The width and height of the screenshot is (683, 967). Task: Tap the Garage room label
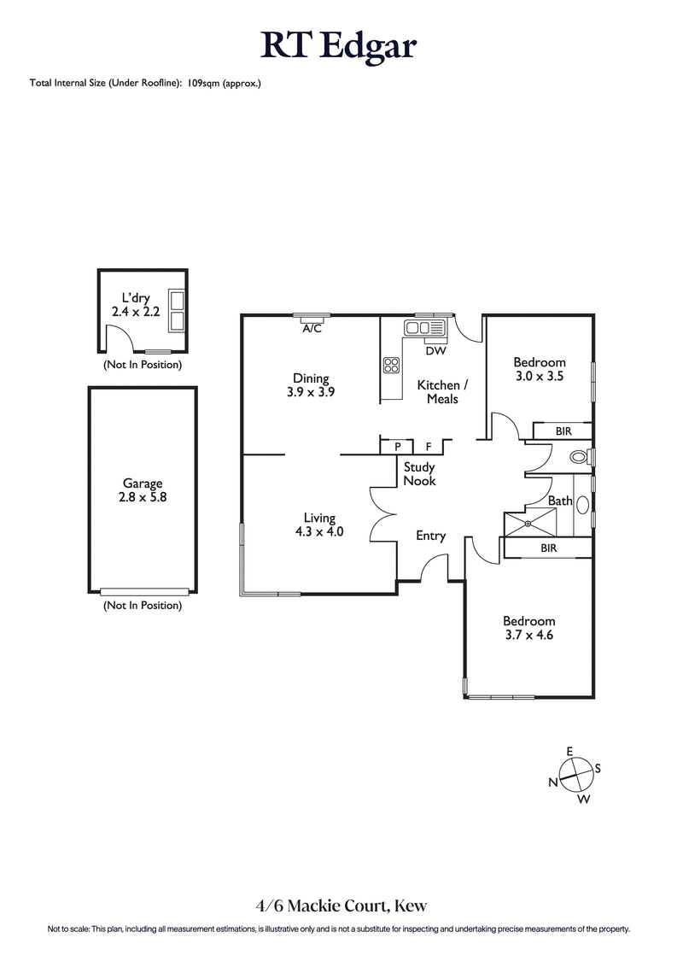click(x=142, y=483)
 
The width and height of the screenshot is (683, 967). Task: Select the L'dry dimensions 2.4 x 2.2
click(x=136, y=313)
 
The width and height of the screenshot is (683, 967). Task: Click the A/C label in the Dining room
click(x=312, y=329)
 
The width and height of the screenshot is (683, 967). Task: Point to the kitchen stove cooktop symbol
click(x=392, y=365)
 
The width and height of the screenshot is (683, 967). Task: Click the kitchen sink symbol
click(x=424, y=327)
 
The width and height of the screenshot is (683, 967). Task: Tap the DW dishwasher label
click(x=435, y=350)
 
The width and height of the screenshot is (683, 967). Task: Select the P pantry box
click(x=398, y=447)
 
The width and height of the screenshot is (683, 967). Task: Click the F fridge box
click(x=429, y=447)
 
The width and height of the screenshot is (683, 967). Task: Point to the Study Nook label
click(x=419, y=474)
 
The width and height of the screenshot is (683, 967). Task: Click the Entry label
click(x=430, y=536)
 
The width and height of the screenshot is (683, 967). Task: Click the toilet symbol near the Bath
click(x=580, y=457)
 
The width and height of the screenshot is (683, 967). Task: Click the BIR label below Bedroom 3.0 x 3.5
click(x=563, y=431)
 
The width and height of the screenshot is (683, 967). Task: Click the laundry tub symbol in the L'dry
click(x=178, y=311)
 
